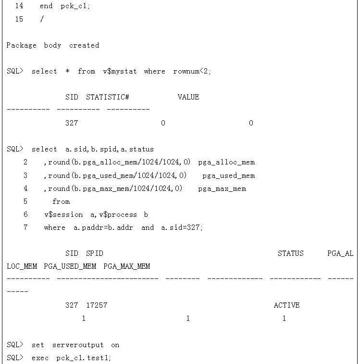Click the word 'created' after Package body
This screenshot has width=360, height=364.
tap(84, 45)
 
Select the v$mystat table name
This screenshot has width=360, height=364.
tap(120, 71)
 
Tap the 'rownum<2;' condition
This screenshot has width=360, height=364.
tap(192, 71)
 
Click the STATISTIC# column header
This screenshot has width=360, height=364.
tap(108, 97)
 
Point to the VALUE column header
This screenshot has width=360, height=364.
tap(188, 97)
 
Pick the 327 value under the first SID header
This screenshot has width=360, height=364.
tap(72, 123)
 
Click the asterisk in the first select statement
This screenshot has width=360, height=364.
tap(67, 71)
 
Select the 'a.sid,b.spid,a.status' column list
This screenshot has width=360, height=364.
tap(110, 149)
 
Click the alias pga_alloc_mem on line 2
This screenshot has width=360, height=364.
tap(226, 162)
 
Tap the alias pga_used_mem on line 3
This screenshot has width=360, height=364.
tap(228, 176)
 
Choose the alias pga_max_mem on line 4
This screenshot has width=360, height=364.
tap(222, 188)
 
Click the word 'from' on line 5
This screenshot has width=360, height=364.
tap(61, 201)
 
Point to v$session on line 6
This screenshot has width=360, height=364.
tap(63, 214)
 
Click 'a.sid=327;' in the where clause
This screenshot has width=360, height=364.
tap(182, 227)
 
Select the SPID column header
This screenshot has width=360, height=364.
tap(95, 253)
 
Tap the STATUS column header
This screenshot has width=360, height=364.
tap(291, 253)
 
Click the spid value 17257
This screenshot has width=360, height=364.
tap(97, 305)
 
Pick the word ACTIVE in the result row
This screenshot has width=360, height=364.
tap(286, 305)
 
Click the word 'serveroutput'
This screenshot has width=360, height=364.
tap(78, 345)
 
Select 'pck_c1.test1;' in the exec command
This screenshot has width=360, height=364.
tap(84, 358)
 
